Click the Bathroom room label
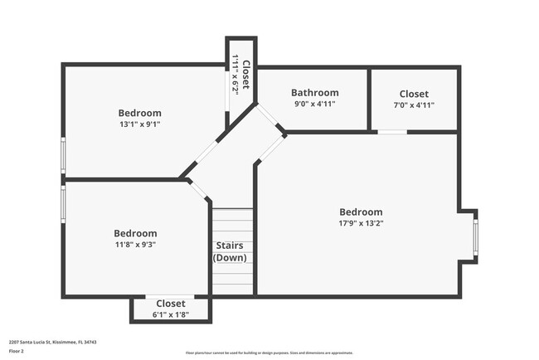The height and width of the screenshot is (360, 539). point(315,93)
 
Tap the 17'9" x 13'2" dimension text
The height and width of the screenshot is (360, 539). point(361,223)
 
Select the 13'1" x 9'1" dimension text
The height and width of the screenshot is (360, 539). point(139,124)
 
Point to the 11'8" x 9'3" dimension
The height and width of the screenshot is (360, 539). point(135,245)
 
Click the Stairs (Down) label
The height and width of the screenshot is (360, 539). point(231,251)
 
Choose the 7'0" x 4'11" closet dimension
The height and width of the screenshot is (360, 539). point(414,105)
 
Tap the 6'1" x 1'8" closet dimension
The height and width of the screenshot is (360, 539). point(171,314)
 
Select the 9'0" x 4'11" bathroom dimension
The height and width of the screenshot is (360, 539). point(315,105)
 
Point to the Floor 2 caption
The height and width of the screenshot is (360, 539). point(17,351)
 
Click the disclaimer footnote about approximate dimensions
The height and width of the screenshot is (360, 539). point(269,352)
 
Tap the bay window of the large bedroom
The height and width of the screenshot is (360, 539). point(475,236)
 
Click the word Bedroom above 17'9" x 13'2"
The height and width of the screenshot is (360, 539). point(361,212)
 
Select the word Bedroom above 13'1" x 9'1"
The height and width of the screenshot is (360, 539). point(139,113)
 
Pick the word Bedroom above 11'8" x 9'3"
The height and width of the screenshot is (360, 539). point(135,233)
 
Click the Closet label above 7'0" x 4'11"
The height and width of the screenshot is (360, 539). point(414,94)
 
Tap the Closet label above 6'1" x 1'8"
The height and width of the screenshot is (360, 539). point(171,304)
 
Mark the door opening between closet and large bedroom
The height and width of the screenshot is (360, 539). point(392,132)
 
